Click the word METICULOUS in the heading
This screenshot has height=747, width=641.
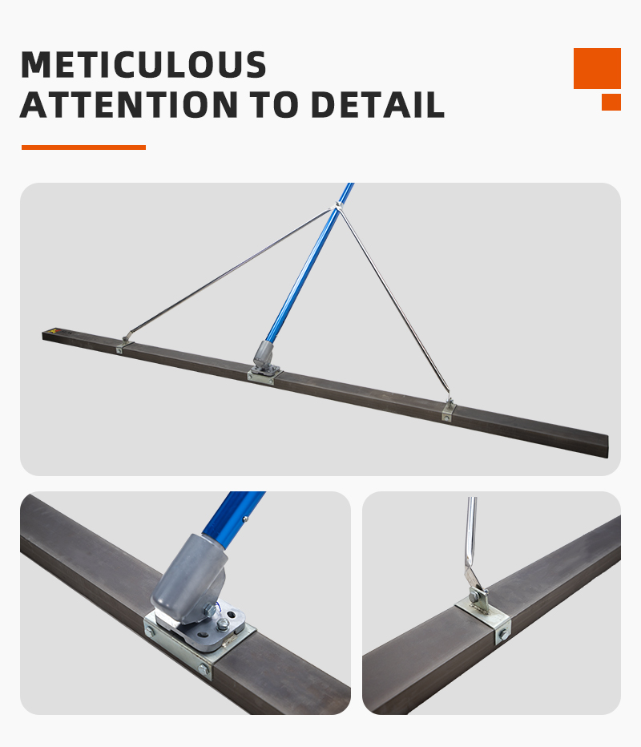click(143, 64)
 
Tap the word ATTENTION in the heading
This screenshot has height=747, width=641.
click(129, 104)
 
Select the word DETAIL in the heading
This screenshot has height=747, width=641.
click(377, 104)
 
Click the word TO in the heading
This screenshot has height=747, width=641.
click(274, 104)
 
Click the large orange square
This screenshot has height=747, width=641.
click(597, 68)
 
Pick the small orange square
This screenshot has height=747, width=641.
click(611, 102)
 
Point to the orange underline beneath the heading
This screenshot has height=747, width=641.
click(83, 147)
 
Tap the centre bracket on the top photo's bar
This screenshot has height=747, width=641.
click(264, 374)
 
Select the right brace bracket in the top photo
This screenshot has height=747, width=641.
click(448, 410)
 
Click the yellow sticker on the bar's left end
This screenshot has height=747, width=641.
click(53, 331)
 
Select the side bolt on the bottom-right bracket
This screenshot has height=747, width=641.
click(503, 635)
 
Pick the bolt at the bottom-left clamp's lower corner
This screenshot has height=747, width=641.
click(204, 670)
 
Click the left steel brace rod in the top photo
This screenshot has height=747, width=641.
click(229, 273)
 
